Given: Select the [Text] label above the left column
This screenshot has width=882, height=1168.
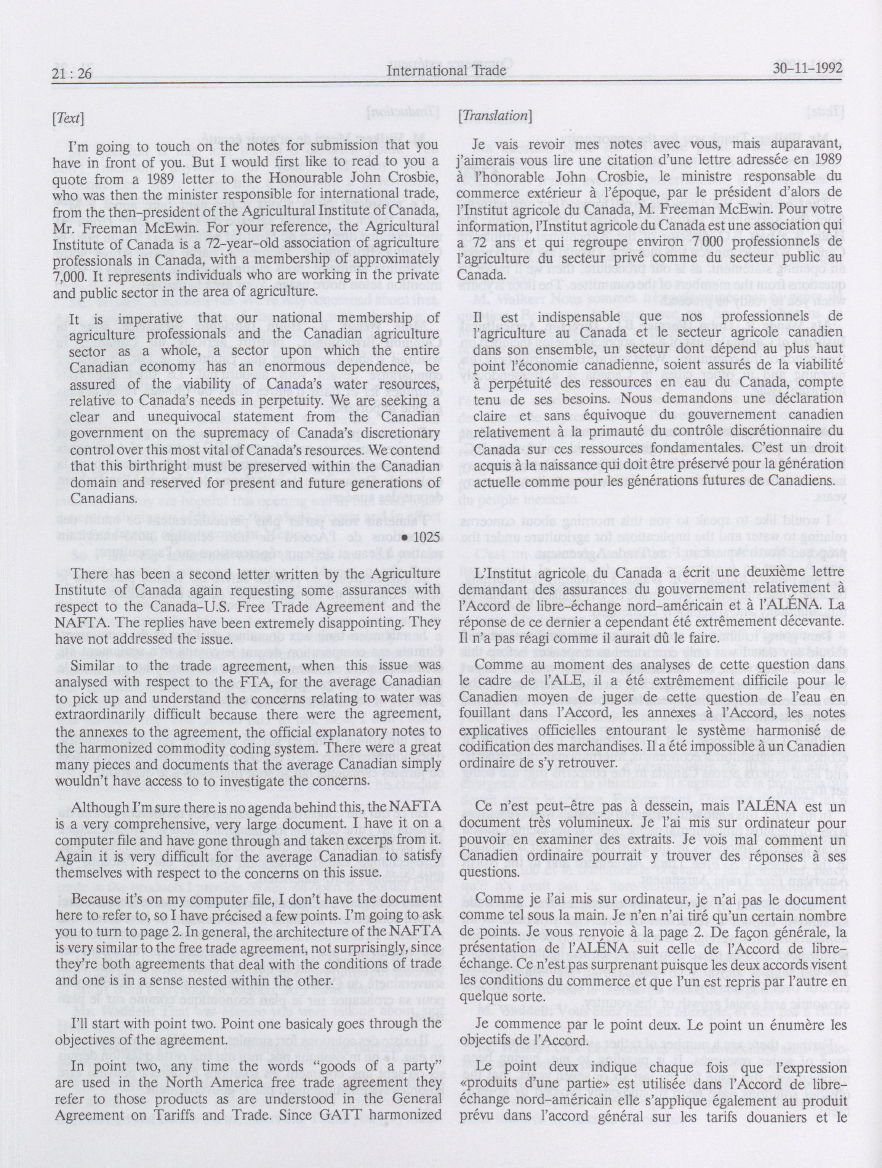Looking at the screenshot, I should (x=67, y=118).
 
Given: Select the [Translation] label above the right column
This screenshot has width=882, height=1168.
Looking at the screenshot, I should (x=496, y=116).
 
